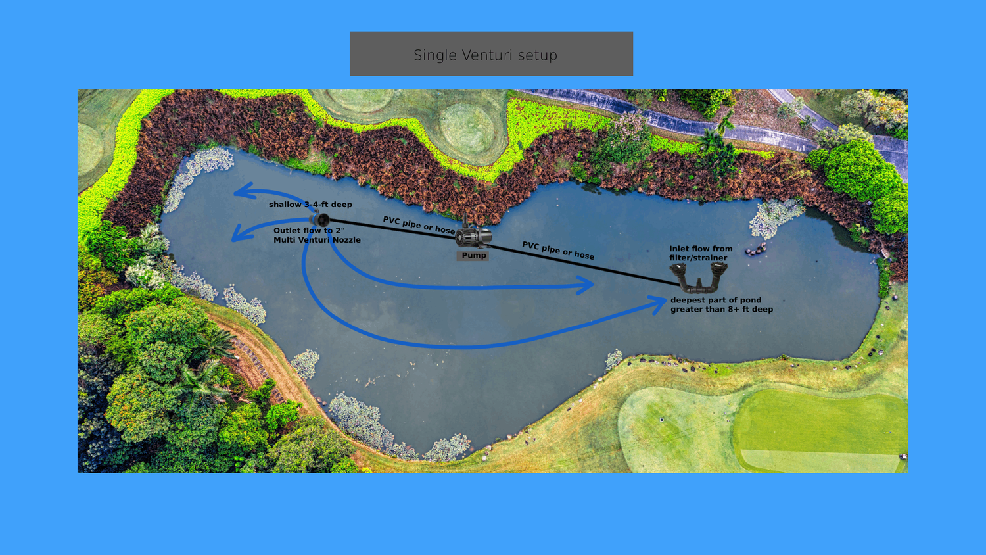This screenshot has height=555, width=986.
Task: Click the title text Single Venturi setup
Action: point(486,55)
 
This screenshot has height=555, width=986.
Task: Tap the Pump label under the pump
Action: point(474,256)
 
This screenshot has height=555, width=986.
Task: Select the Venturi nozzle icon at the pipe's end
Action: point(320,220)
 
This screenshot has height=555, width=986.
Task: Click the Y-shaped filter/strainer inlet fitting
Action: point(699,277)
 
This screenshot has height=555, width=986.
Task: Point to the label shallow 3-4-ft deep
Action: point(310,205)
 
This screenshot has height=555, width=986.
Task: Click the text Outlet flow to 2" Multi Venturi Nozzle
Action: point(317,235)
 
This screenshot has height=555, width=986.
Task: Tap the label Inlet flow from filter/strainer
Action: point(701,253)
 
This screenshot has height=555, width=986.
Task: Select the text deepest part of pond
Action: point(716,300)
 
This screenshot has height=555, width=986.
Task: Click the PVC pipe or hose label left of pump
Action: point(419,225)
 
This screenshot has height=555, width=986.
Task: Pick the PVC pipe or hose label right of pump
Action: point(558,250)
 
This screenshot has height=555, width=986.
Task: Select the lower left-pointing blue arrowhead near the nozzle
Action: point(241,233)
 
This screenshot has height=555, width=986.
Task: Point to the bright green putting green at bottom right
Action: point(821,429)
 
